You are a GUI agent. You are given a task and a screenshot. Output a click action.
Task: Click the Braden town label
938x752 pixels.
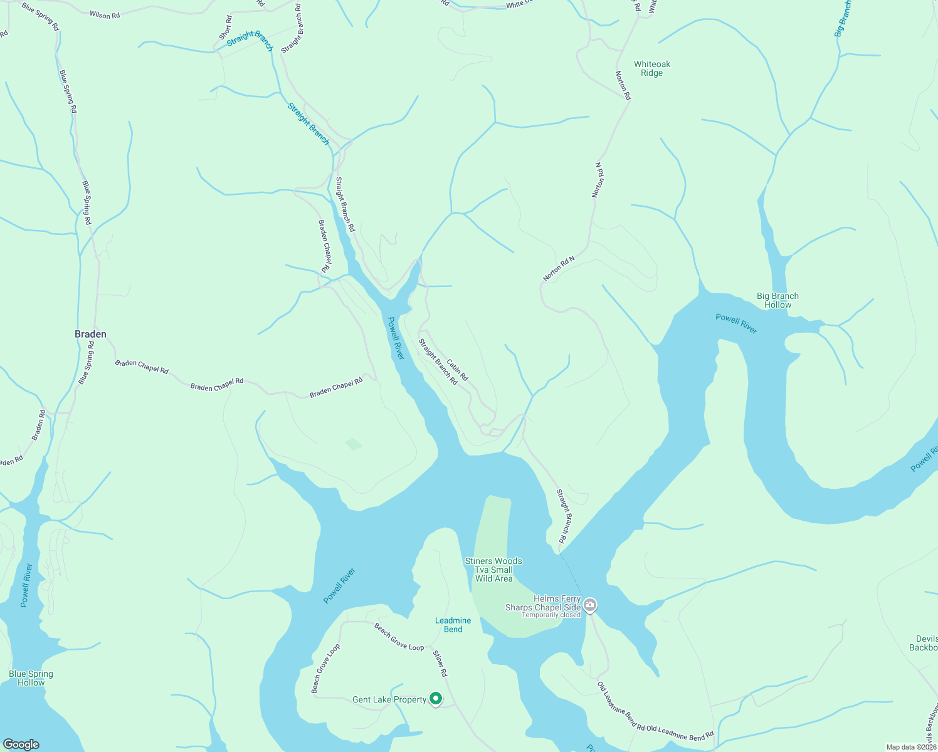90,334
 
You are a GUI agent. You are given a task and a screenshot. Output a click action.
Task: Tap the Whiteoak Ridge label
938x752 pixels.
652,68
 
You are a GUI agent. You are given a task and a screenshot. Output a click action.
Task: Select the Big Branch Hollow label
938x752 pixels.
777,300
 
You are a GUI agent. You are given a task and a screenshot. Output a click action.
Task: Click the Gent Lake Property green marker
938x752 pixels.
435,698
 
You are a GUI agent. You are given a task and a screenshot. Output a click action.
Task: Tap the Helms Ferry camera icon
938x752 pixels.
590,605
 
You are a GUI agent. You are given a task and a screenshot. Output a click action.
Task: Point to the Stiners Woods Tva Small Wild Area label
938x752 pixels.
493,570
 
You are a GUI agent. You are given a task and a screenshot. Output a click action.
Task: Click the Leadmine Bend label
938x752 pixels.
453,625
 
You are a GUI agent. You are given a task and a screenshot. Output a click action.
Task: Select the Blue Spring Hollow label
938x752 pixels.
31,678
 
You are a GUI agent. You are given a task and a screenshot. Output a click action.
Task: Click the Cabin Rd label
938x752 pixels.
457,370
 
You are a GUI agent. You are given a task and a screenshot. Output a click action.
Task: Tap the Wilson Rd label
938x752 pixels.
105,14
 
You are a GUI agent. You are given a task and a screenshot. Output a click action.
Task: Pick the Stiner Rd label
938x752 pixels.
440,664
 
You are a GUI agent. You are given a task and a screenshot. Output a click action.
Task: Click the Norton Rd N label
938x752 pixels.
559,268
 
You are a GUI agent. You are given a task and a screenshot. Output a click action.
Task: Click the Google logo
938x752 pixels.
21,744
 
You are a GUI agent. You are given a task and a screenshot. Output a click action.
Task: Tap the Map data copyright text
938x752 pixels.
911,747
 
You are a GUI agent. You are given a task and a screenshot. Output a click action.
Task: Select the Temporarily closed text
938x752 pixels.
551,615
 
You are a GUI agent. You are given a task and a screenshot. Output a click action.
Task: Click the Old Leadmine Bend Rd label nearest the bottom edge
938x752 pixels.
680,733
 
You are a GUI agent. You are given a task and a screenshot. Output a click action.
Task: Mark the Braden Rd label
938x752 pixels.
39,424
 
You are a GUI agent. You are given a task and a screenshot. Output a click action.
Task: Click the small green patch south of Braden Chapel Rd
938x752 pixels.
354,444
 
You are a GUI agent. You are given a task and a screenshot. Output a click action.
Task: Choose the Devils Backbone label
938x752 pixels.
926,643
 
